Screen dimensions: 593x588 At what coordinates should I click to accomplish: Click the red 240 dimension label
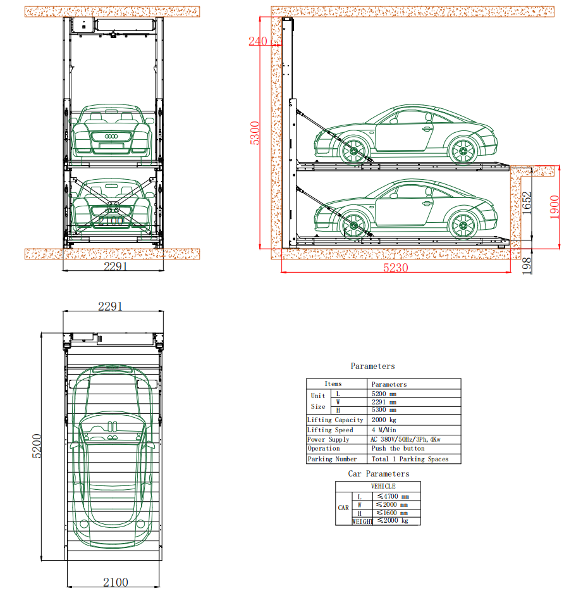(x=258, y=42)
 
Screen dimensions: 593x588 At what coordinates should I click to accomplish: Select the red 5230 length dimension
(x=396, y=268)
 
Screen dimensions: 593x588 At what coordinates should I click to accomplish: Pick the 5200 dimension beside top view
(x=36, y=446)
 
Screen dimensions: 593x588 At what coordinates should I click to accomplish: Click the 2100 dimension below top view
(x=116, y=582)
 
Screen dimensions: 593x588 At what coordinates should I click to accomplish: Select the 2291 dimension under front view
(x=116, y=266)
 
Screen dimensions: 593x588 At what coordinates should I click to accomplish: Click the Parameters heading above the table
(x=373, y=366)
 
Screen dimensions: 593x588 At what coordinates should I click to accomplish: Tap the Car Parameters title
(x=378, y=474)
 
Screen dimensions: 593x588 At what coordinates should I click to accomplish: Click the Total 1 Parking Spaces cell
(x=409, y=459)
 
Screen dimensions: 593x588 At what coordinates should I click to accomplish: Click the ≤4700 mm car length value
(x=392, y=497)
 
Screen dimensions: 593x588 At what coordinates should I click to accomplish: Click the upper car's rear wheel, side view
(x=462, y=150)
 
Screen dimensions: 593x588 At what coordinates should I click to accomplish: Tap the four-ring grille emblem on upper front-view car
(x=112, y=137)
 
